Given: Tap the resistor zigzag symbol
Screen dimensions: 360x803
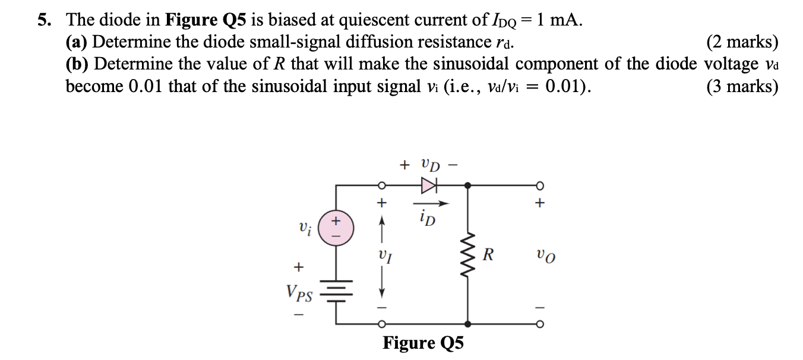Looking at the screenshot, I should point(469,256).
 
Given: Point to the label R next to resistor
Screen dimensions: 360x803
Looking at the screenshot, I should point(488,255).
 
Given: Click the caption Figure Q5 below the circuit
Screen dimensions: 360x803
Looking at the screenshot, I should point(423,343).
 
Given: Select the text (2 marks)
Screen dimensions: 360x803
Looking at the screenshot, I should point(742,42).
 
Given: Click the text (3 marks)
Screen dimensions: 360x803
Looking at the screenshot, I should point(742,87).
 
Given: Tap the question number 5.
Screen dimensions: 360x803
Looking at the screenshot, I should point(43,20).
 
